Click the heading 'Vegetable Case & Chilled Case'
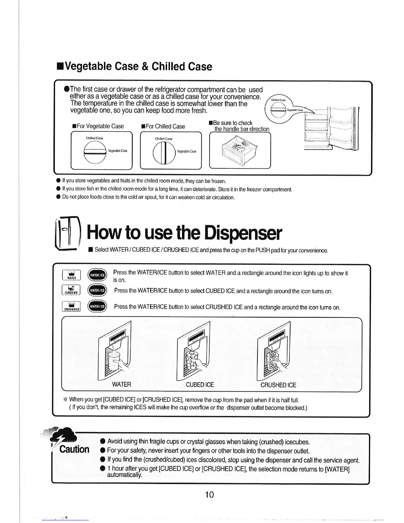(x=134, y=66)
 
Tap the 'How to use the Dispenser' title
(x=184, y=233)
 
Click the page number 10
(x=209, y=494)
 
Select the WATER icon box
(x=71, y=275)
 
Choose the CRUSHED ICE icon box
(x=71, y=306)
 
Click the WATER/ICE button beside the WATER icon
(x=97, y=275)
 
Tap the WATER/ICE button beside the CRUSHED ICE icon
(x=97, y=306)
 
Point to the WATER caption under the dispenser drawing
(x=121, y=384)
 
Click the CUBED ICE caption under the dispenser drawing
(x=200, y=385)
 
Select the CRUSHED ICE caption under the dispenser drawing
(x=278, y=385)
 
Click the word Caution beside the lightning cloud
(x=74, y=449)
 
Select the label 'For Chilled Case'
(x=163, y=126)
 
